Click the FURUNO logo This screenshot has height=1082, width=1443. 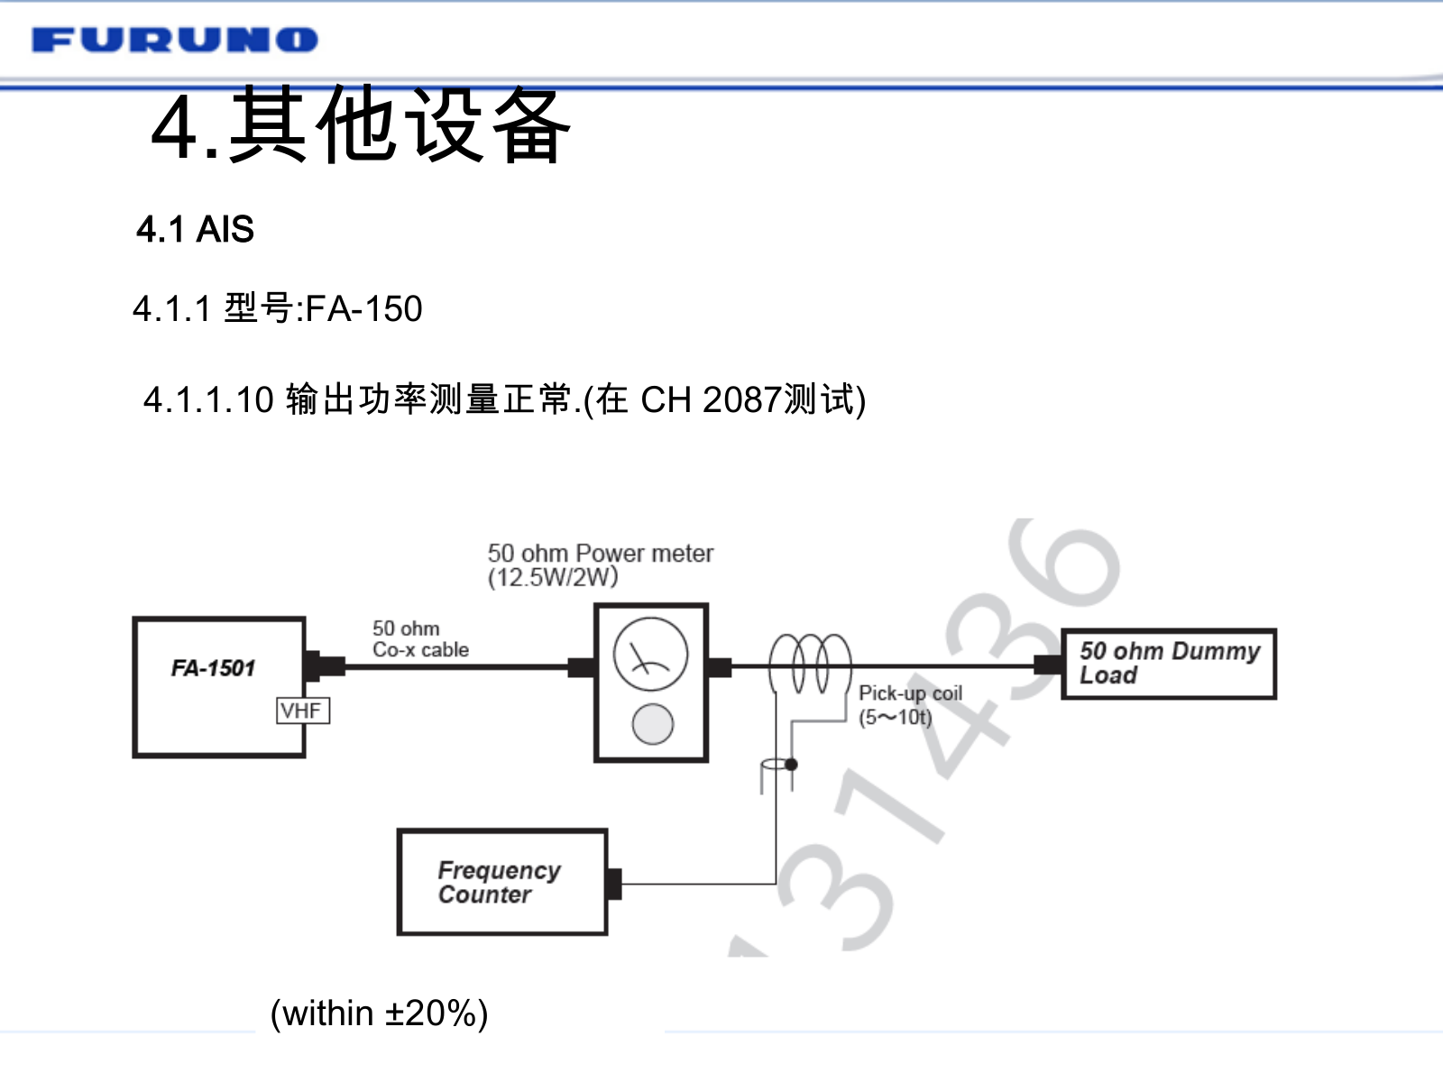click(175, 40)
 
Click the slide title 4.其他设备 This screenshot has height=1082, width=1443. click(361, 126)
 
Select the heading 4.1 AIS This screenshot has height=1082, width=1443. click(195, 230)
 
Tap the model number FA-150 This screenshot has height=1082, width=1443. click(363, 309)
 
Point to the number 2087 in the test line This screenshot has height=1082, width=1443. click(741, 399)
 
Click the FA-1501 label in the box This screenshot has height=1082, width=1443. click(213, 668)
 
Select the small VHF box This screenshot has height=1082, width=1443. click(302, 711)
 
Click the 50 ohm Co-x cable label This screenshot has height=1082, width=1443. click(420, 638)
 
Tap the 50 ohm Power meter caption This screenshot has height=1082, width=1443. click(601, 553)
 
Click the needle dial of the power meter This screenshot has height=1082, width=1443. click(650, 655)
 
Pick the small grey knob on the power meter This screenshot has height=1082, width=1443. click(652, 724)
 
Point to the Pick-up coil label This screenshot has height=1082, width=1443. click(910, 693)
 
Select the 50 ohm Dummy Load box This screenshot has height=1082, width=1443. click(1169, 664)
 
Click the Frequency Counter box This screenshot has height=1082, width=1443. click(502, 882)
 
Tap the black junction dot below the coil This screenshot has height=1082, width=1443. click(791, 765)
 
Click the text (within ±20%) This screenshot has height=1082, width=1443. click(379, 1013)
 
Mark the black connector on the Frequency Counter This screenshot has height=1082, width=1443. click(614, 884)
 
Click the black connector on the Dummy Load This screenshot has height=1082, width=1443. click(1048, 665)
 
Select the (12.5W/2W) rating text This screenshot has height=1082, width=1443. click(553, 578)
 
